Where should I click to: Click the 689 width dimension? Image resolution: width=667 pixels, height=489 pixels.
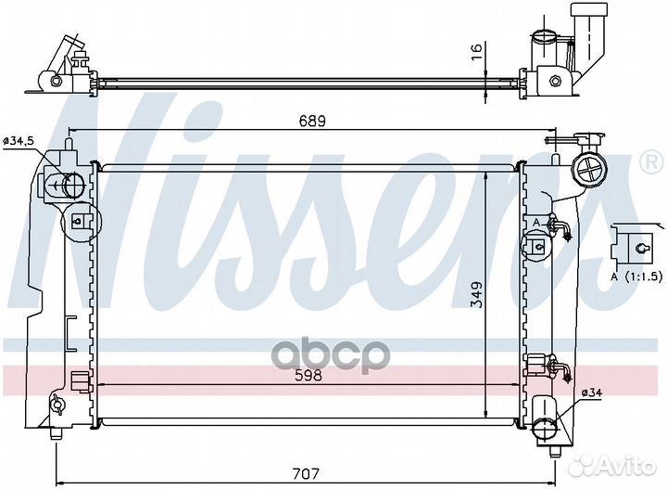pos(311,121)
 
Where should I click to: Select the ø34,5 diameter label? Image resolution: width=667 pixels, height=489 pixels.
pos(19,140)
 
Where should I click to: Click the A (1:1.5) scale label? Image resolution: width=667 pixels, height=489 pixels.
pos(636,276)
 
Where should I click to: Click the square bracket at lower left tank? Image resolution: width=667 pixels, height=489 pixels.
pos(80,379)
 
